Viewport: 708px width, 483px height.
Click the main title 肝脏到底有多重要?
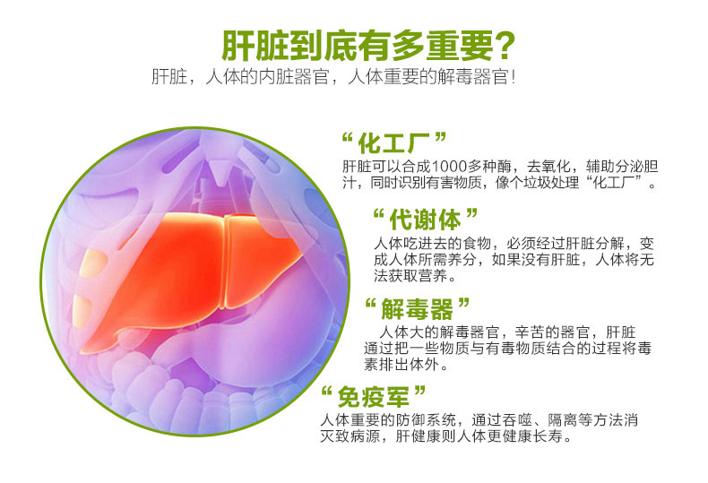point(368,46)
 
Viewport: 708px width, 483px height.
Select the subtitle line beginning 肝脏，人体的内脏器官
point(333,77)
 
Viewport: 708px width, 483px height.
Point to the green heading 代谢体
point(425,220)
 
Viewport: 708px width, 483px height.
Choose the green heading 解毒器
point(417,309)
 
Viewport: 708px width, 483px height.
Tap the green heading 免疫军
point(374,397)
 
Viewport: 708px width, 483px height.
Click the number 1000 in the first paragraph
point(449,167)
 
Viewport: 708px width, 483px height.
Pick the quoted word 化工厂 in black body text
point(617,183)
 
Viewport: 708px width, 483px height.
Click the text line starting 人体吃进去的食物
point(514,244)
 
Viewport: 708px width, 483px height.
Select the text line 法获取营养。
point(415,276)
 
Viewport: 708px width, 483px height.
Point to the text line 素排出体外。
point(406,365)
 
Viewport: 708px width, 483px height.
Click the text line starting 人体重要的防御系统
point(479,420)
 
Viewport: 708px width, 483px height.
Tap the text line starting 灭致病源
point(445,436)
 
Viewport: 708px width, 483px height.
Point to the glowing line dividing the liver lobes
point(225,262)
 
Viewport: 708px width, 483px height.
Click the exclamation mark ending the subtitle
point(513,77)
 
